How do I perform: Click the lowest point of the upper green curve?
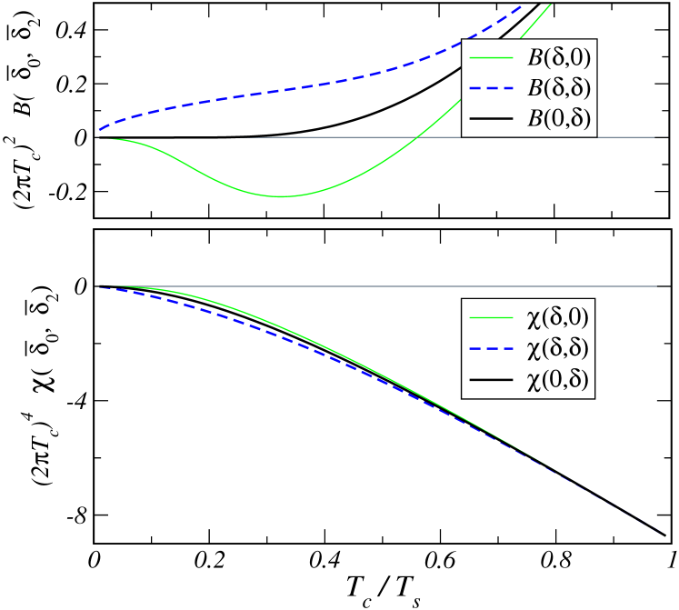pos(282,196)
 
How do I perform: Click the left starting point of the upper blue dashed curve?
pos(97,131)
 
